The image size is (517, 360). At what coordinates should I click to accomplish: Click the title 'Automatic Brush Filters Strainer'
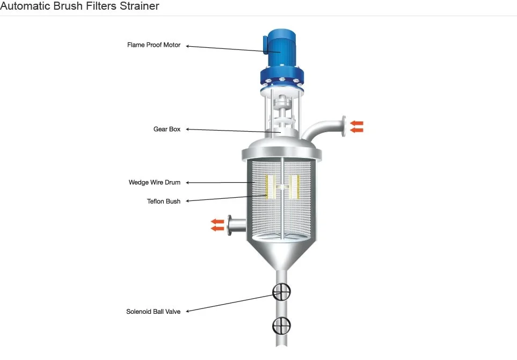79,6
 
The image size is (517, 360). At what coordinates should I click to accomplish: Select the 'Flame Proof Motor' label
154,45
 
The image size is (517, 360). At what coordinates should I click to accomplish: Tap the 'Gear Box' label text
167,129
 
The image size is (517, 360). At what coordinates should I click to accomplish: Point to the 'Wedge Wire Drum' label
155,183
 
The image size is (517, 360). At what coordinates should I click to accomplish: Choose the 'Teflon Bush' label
164,201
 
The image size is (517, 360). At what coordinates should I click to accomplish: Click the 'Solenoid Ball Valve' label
154,311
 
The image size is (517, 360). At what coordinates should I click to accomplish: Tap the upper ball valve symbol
281,292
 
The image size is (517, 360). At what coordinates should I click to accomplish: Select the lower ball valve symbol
281,325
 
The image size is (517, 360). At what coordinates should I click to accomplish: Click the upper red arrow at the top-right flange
356,124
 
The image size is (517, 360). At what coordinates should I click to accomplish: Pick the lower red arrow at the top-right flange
356,130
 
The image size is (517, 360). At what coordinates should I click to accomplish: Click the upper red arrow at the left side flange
217,221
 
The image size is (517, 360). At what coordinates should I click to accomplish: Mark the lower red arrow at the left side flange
217,228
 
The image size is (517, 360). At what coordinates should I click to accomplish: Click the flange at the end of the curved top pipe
342,126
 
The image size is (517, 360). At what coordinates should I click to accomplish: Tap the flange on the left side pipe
230,225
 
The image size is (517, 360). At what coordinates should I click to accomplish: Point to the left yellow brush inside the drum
270,186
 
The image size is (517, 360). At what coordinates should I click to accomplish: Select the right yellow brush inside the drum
294,186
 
